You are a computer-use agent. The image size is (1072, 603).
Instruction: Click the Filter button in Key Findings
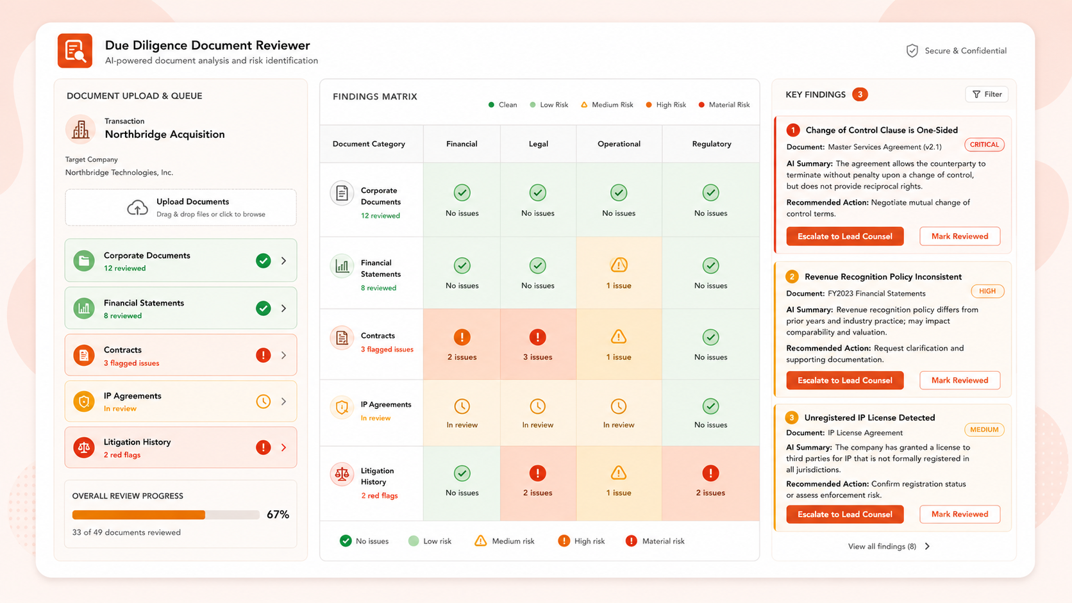point(986,94)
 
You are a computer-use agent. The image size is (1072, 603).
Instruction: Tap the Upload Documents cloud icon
point(137,208)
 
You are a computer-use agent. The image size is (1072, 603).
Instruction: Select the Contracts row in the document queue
point(180,355)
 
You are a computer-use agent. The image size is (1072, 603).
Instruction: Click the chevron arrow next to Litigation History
point(284,447)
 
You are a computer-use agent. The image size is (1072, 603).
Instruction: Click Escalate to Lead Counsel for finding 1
point(844,236)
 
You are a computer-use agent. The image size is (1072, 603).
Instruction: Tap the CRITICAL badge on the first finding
point(984,144)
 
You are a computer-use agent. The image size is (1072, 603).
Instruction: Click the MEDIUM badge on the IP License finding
point(984,429)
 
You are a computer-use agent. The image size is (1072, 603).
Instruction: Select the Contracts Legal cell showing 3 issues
point(538,344)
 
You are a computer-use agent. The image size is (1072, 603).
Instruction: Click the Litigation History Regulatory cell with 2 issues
point(710,483)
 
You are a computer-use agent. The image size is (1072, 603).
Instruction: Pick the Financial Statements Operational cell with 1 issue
point(619,272)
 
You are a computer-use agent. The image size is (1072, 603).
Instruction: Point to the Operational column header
point(619,144)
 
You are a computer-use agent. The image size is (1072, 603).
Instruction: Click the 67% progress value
point(278,515)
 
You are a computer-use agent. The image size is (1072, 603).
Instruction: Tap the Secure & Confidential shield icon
point(912,51)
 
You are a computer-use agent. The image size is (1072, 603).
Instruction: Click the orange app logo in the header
point(74,51)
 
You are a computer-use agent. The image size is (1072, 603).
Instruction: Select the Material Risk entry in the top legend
point(724,104)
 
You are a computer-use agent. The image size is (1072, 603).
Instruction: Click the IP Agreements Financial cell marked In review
point(462,413)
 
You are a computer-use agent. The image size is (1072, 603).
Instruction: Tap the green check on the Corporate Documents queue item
point(264,261)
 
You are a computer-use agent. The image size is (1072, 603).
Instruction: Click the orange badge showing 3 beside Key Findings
point(860,94)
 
